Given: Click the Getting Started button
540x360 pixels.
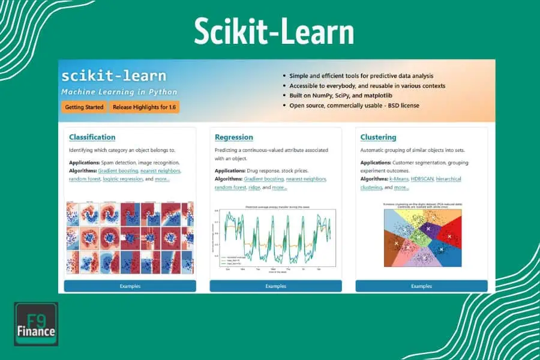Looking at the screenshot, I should click(x=83, y=107).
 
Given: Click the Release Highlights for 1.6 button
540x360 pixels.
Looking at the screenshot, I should click(x=144, y=107).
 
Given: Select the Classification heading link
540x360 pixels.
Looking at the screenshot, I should click(x=92, y=137).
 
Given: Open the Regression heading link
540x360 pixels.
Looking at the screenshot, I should click(x=234, y=137).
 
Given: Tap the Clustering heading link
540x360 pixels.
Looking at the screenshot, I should click(x=378, y=137).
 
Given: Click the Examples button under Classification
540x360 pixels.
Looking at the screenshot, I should click(x=130, y=286).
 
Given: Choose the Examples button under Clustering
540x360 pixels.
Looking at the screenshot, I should click(x=421, y=286).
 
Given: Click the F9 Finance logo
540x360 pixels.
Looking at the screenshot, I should click(x=36, y=324).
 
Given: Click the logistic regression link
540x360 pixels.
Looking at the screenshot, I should click(x=122, y=179).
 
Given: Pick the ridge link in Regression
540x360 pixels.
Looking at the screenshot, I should click(x=254, y=187).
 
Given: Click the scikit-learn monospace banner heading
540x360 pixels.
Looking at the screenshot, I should click(x=113, y=76).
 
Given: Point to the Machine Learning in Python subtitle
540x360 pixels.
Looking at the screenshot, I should click(x=119, y=92).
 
